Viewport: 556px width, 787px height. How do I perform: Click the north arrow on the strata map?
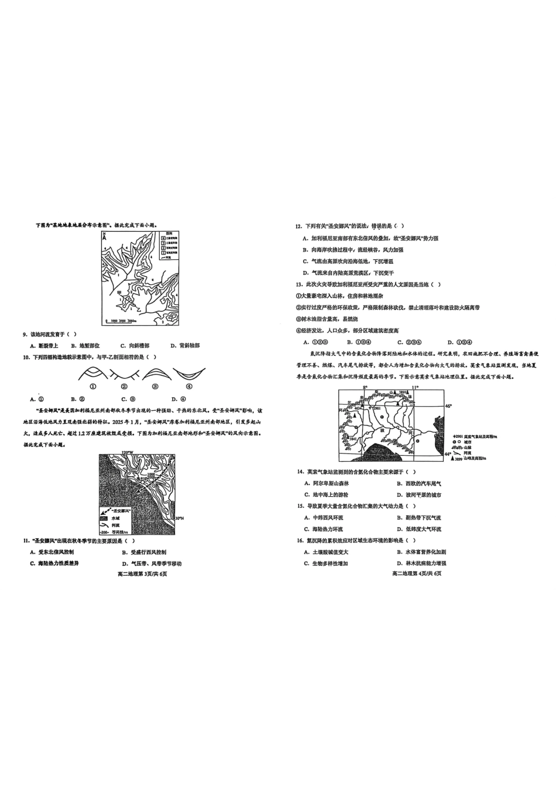104,237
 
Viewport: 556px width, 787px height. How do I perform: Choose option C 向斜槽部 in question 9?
134,345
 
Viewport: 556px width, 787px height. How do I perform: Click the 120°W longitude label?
127,452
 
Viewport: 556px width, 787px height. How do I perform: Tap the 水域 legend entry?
115,518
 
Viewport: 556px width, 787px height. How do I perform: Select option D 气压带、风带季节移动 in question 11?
151,563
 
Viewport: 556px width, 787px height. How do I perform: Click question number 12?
298,226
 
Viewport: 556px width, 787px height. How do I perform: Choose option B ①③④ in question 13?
357,342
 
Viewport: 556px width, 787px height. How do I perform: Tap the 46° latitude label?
448,405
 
